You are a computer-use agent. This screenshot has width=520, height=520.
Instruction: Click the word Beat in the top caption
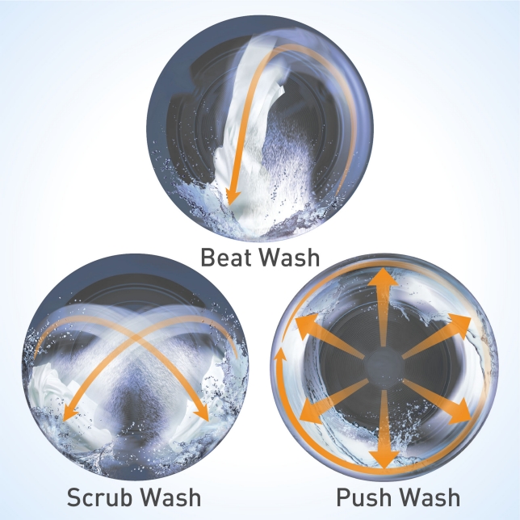click(226, 257)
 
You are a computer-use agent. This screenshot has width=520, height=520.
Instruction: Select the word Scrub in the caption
click(101, 497)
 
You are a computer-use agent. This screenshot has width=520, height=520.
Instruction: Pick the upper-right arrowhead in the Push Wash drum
click(459, 325)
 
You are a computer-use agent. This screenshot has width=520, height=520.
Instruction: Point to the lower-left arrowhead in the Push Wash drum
click(310, 413)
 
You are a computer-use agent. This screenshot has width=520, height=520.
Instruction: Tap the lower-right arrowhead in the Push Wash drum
click(459, 413)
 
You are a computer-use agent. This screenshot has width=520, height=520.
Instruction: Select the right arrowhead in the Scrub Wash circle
click(200, 413)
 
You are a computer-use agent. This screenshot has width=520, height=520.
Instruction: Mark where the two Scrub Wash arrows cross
click(136, 337)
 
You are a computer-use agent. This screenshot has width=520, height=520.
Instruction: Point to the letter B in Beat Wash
click(208, 257)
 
